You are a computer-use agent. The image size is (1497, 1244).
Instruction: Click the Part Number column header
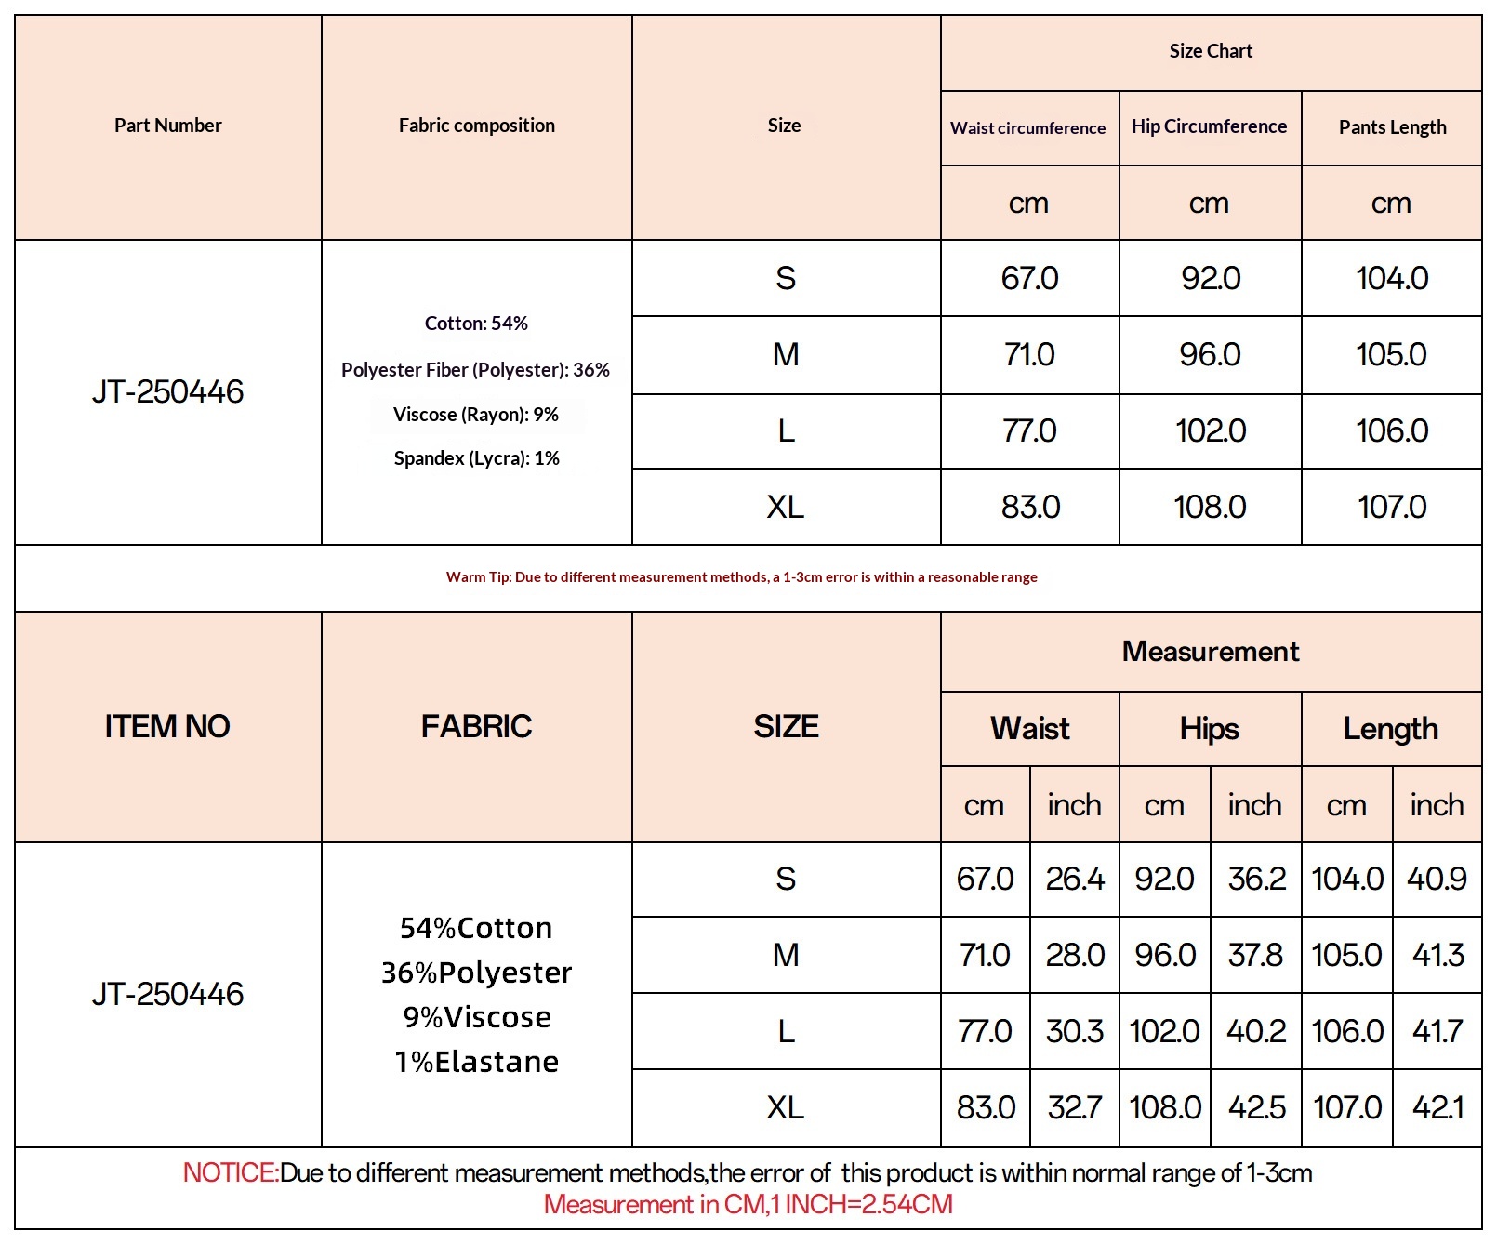167,126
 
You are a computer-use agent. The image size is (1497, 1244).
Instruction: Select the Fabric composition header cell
476,126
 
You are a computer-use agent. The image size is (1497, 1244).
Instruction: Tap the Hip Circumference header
1209,126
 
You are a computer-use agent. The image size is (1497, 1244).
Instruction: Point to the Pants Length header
1392,127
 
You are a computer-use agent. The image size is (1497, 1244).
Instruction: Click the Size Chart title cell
1211,51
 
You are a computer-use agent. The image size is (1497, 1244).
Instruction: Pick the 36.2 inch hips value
1256,879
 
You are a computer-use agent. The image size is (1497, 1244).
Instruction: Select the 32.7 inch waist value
1075,1107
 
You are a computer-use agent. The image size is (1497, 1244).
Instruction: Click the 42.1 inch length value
1437,1107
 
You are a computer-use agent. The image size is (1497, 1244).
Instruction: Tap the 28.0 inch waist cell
1075,955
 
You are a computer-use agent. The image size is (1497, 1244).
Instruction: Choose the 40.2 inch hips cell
1256,1031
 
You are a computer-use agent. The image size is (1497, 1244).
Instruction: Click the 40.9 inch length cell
1437,879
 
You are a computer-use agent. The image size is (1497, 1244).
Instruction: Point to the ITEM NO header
167,726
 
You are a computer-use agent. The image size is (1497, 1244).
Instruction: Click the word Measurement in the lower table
1211,652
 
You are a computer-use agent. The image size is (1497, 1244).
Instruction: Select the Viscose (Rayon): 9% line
475,415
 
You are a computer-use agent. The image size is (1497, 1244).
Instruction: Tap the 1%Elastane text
477,1062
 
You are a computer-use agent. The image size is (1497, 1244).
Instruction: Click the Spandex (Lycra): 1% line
476,458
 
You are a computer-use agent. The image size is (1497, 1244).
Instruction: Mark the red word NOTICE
230,1173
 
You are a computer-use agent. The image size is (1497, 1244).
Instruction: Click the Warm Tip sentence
741,577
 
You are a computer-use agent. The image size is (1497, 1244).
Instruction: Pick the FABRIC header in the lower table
476,726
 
